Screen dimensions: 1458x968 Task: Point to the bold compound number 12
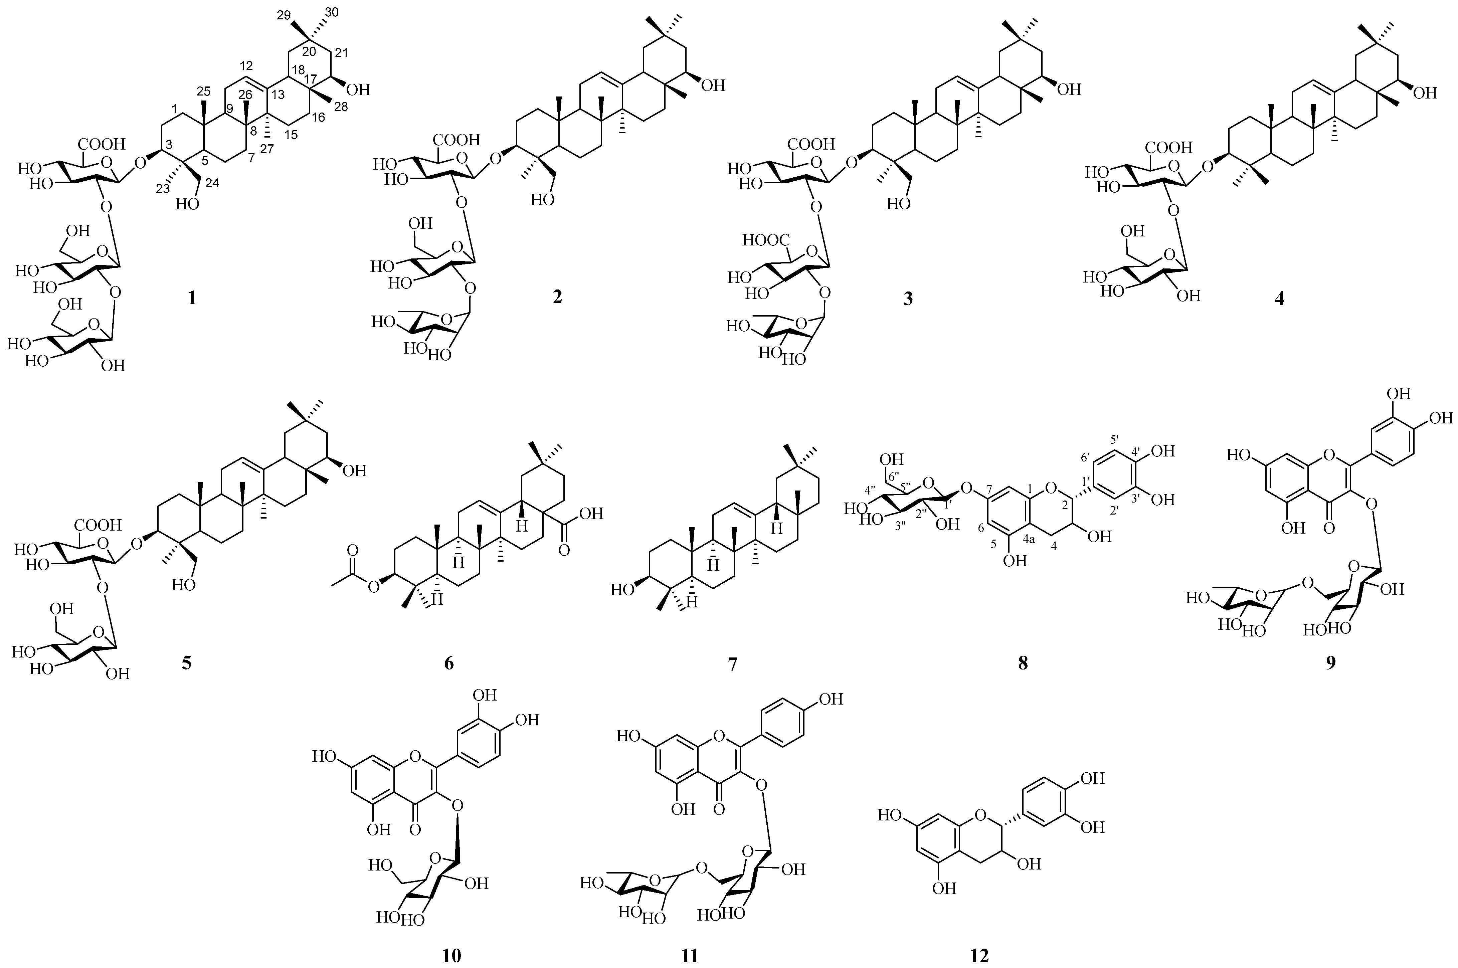pos(979,956)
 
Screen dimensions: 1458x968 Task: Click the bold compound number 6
pos(449,664)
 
